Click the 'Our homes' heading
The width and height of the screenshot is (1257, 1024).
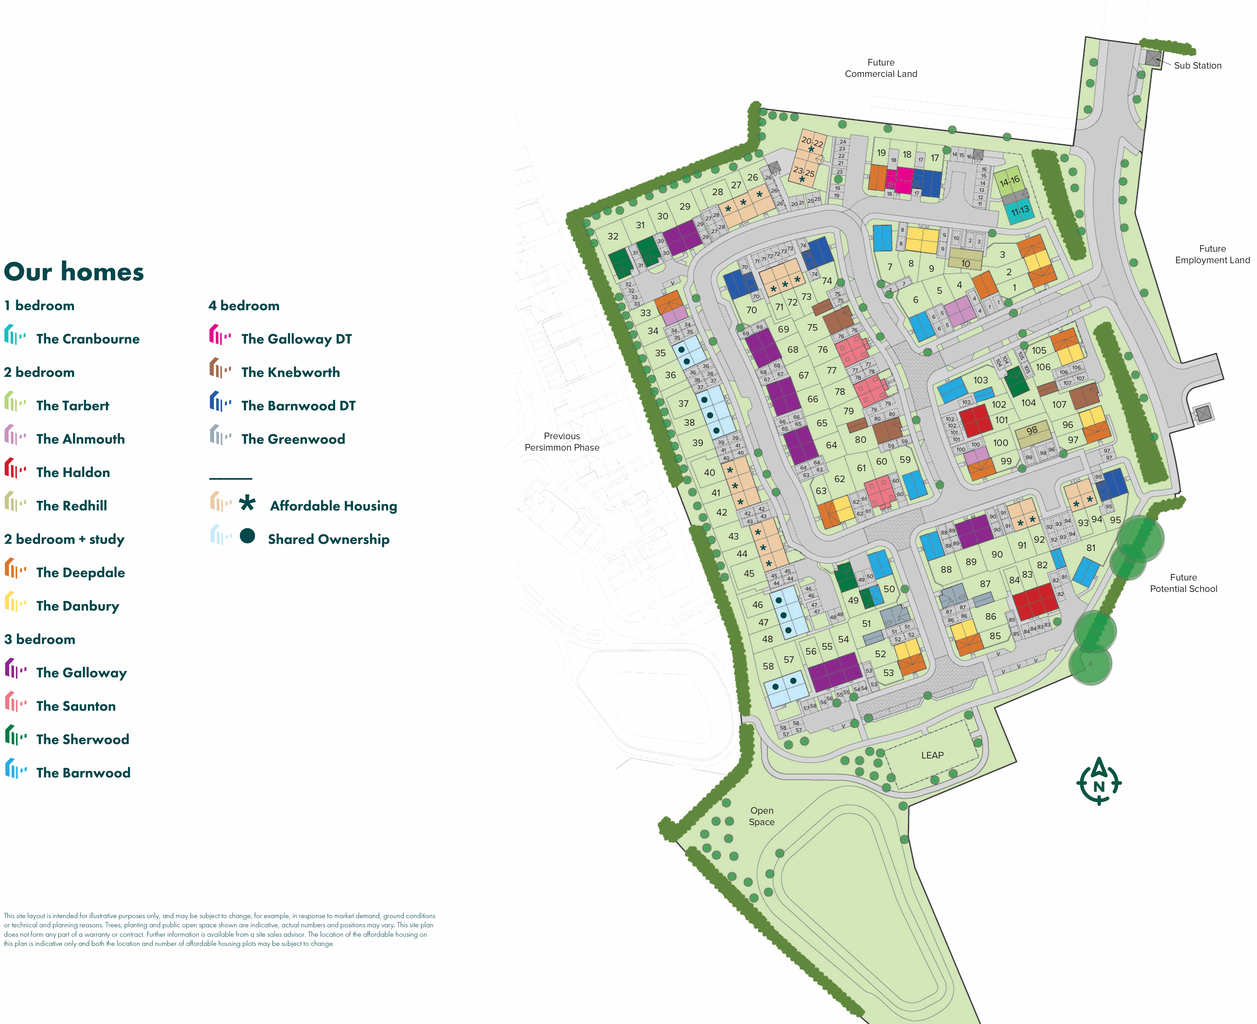click(74, 272)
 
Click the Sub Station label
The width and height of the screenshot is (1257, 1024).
click(1197, 66)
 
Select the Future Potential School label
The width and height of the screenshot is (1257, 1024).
click(1183, 583)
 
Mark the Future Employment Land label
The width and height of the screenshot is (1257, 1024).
click(1212, 254)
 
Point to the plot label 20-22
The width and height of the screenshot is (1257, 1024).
click(812, 142)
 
